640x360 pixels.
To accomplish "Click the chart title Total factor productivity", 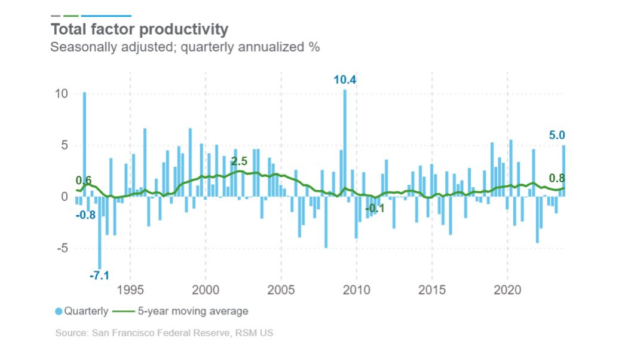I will (139, 29).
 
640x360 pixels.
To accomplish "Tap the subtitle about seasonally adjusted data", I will (185, 47).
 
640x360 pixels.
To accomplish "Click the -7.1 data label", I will (99, 276).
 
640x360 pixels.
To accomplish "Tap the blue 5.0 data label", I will (557, 136).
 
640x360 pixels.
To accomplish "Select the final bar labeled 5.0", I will (564, 170).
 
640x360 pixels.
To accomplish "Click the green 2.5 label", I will (240, 161).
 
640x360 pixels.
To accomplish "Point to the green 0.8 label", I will (557, 178).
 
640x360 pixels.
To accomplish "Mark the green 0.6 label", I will (84, 181).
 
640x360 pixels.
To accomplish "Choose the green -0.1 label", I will (375, 208).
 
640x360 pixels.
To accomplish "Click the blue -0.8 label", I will (86, 215).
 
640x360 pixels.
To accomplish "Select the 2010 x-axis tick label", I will (356, 291).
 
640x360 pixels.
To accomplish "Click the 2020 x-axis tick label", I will (507, 291).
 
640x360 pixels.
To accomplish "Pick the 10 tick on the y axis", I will (62, 94).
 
